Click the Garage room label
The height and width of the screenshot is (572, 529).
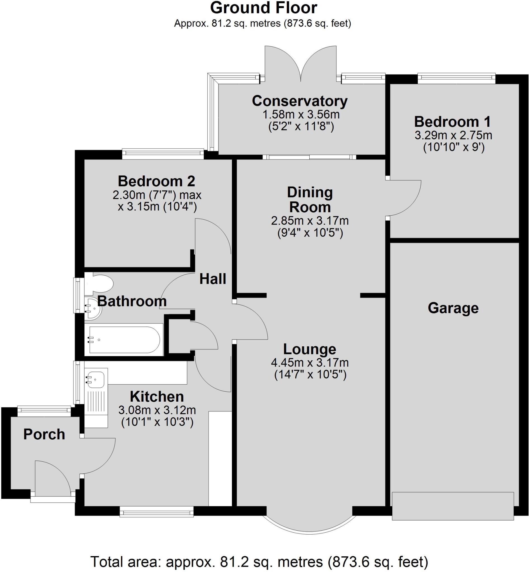[x=453, y=308]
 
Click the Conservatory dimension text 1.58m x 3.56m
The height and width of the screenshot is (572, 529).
[x=301, y=115]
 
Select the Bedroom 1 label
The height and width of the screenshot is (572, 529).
[x=452, y=121]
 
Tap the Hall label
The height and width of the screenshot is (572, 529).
[x=213, y=279]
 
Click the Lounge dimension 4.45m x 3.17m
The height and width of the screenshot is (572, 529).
[x=310, y=363]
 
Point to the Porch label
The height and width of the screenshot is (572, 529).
[x=44, y=434]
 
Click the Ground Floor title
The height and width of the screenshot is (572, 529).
[x=263, y=8]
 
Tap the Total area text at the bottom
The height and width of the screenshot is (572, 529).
[x=259, y=562]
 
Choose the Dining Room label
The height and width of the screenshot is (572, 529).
[x=310, y=199]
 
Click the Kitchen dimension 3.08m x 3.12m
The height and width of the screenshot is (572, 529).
[x=157, y=410]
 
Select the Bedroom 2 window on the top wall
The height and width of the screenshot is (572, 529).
[x=163, y=154]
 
